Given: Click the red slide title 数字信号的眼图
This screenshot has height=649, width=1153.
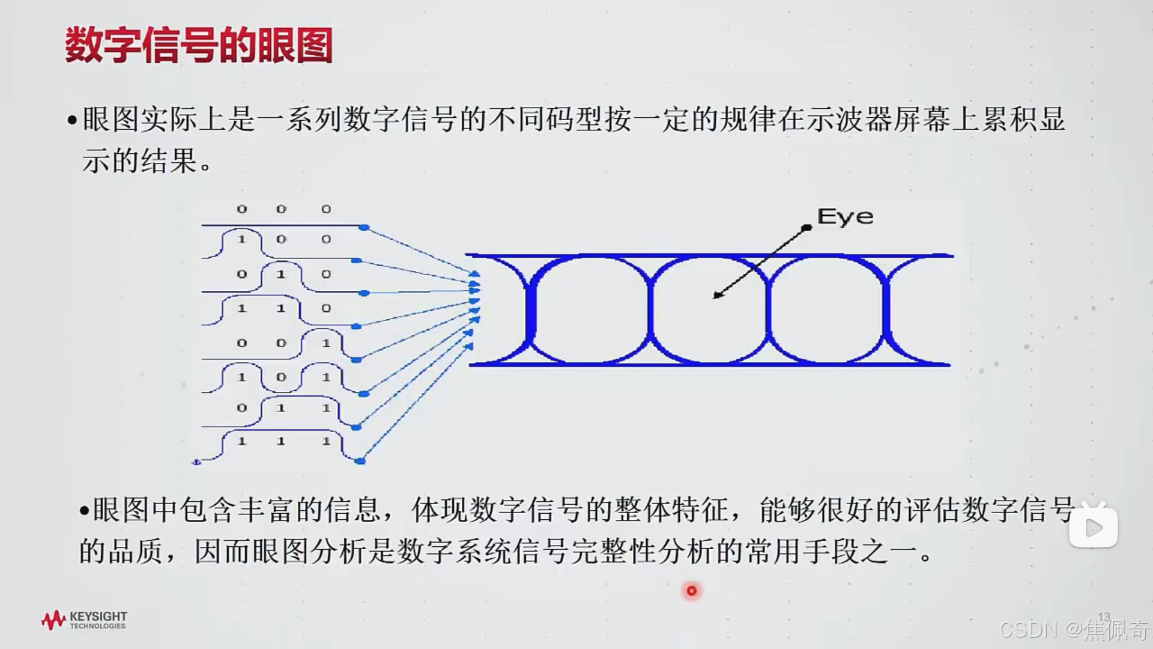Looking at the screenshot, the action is coord(198,46).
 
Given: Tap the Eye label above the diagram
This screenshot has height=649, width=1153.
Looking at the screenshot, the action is coord(845,217).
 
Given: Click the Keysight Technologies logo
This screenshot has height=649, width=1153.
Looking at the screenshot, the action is coord(84,620).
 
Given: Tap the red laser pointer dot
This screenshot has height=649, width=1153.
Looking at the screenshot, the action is coord(691,591).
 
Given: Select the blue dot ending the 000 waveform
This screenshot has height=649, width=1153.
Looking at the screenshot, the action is coord(364,227).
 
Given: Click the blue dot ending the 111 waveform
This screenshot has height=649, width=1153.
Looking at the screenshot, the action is coord(360,461).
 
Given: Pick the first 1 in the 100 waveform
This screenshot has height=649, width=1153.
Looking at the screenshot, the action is coord(241,239).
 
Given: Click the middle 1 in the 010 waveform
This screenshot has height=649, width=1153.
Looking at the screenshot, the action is coord(280,274).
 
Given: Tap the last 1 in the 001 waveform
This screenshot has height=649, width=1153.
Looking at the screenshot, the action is coord(325,343).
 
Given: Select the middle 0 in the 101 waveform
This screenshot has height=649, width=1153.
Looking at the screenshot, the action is coord(280,377).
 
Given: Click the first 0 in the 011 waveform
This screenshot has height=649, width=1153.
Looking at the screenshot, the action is coord(241,408).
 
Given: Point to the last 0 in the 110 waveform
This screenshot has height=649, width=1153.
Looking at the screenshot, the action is coord(325,308).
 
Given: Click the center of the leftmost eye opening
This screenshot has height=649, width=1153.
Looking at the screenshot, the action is coord(590,310).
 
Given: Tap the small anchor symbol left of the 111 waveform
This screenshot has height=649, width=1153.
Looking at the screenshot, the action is coord(196,462).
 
